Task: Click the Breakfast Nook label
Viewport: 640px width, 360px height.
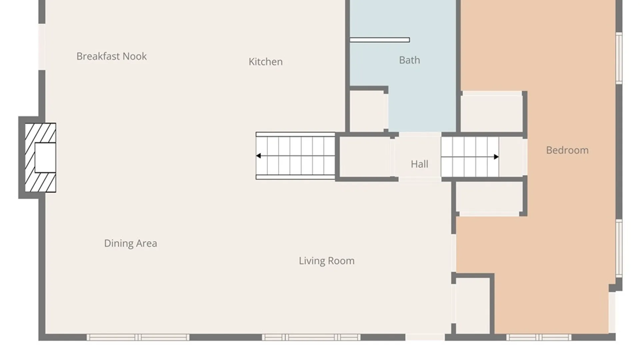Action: tap(111, 56)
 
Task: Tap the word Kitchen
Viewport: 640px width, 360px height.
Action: tap(266, 62)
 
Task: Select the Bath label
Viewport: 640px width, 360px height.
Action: tap(409, 60)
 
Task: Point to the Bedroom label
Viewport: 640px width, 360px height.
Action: tap(567, 150)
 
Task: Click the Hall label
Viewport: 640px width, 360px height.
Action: tap(419, 164)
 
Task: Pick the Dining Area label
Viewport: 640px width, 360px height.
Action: tap(130, 243)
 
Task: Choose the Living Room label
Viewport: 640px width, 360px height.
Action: tap(327, 261)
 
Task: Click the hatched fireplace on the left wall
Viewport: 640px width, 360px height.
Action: tap(40, 158)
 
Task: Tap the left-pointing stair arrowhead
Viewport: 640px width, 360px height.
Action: tap(258, 156)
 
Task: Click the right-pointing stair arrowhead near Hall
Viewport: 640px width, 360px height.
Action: tap(496, 157)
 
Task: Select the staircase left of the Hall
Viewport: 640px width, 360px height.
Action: tap(296, 156)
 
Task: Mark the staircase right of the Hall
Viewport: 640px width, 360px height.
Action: tap(470, 157)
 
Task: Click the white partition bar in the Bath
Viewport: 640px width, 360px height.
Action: tap(380, 40)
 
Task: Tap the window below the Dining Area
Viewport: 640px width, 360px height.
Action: tap(138, 337)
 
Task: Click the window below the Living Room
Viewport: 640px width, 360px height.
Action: tap(311, 337)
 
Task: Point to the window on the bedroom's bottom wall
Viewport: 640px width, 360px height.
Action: tap(539, 337)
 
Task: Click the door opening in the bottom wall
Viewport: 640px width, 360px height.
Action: tap(425, 337)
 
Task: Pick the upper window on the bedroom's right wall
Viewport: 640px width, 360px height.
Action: tap(619, 58)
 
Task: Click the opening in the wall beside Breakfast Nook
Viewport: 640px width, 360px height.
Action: tap(42, 47)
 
